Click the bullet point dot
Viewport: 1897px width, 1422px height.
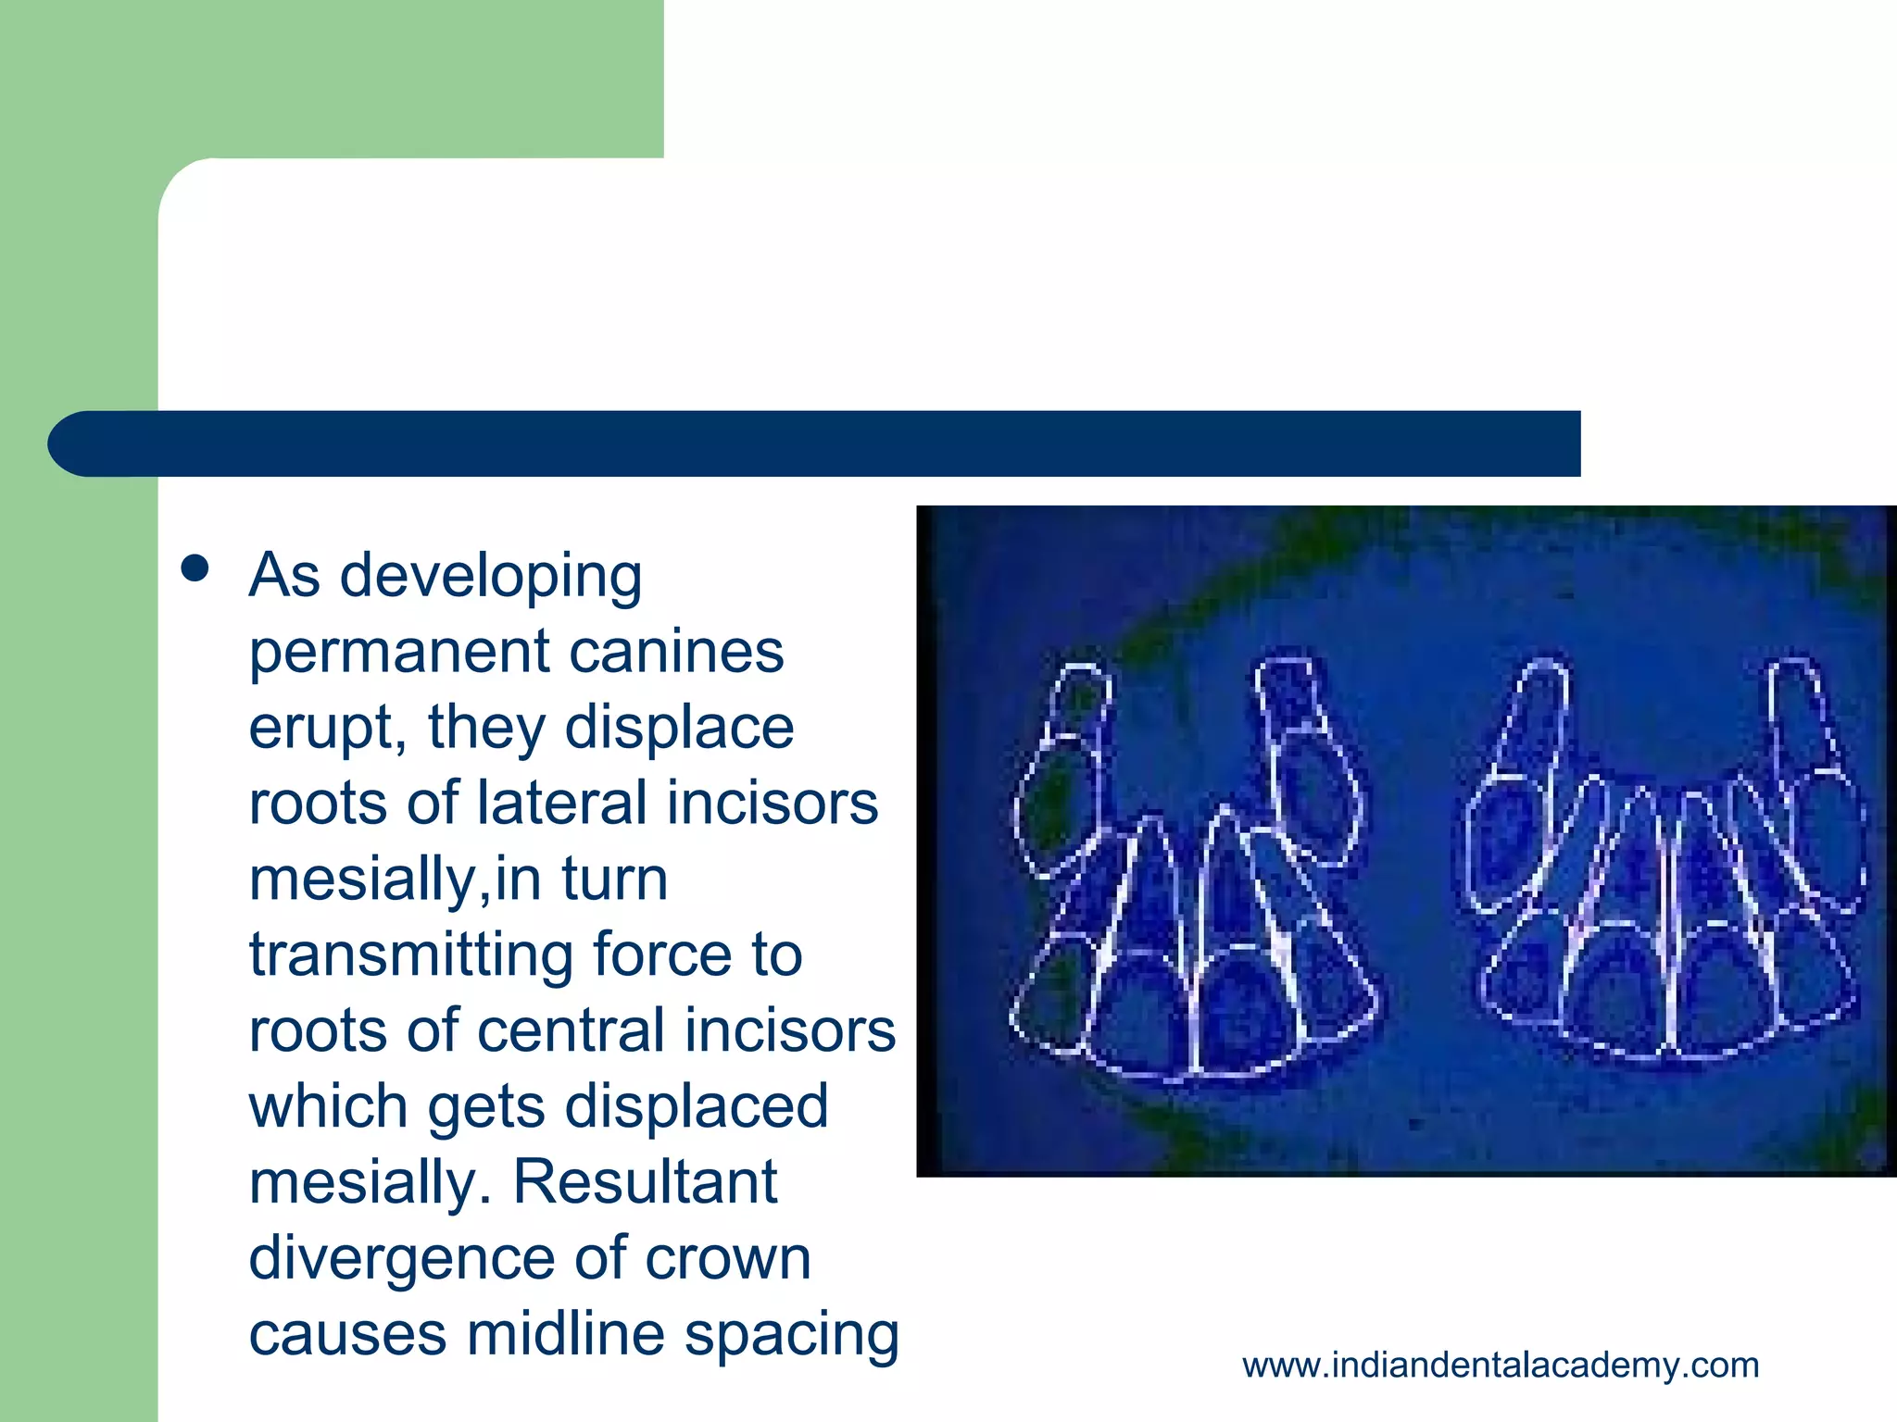coord(195,569)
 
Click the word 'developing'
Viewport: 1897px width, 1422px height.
coord(491,578)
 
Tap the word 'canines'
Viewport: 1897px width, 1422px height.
coord(676,652)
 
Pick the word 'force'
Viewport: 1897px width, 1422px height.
coord(672,954)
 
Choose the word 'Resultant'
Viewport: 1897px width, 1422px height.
coord(645,1182)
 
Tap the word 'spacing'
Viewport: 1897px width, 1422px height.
coord(792,1336)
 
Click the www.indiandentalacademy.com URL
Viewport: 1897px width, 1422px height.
coord(1501,1366)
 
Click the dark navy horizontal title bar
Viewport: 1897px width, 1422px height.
coord(815,443)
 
